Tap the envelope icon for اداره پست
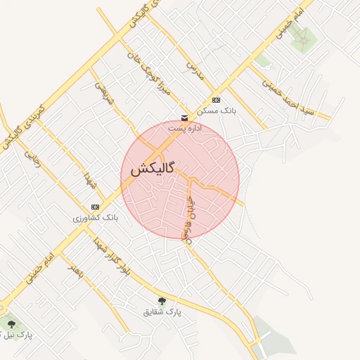tap(184, 117)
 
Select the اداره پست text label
tap(185, 129)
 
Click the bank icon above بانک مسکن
tap(215, 100)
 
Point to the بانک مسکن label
tap(217, 111)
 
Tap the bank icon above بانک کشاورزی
tap(95, 207)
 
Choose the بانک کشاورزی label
tap(96, 218)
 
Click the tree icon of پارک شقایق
tap(162, 301)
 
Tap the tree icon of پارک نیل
tap(11, 323)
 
